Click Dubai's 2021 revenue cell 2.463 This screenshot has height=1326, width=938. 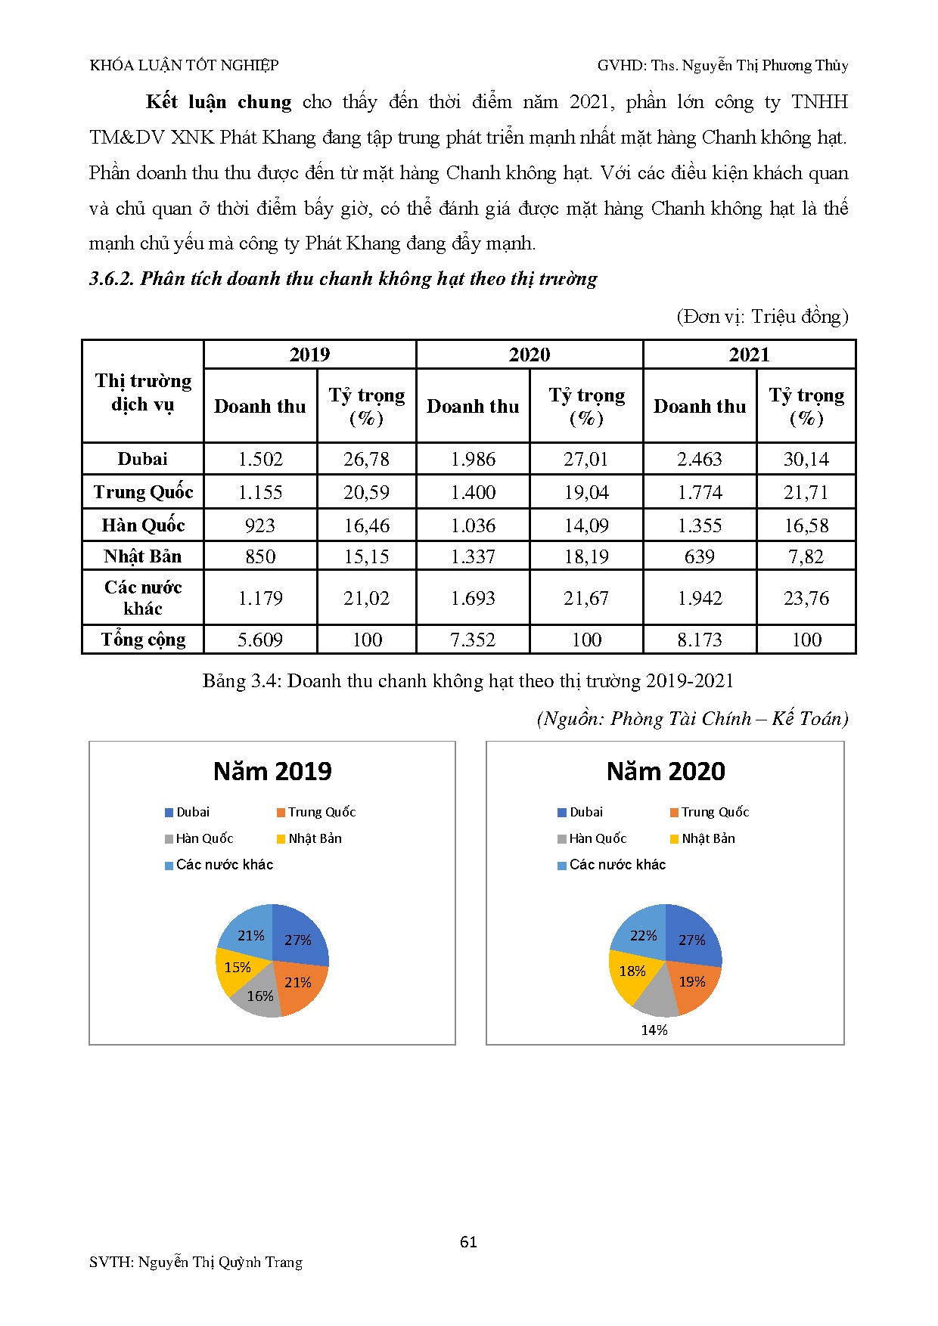(700, 459)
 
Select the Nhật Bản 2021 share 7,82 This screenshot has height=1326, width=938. (806, 556)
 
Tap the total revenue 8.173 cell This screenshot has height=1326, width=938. (700, 640)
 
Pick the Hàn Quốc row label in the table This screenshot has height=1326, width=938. (143, 525)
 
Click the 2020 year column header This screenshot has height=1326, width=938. (530, 355)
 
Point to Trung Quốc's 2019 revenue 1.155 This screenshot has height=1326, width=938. (260, 492)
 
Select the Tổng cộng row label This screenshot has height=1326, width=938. (143, 640)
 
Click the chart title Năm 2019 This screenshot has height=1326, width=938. (272, 771)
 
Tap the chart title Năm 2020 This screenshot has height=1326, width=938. (666, 771)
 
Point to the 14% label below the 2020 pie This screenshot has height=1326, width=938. (654, 1030)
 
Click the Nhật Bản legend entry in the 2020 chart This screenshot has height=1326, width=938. (708, 838)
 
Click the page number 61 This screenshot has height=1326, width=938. (468, 1242)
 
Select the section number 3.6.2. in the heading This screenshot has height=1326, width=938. (112, 279)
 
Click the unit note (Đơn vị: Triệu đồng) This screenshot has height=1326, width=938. (762, 316)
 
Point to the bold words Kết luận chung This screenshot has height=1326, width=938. (219, 102)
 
